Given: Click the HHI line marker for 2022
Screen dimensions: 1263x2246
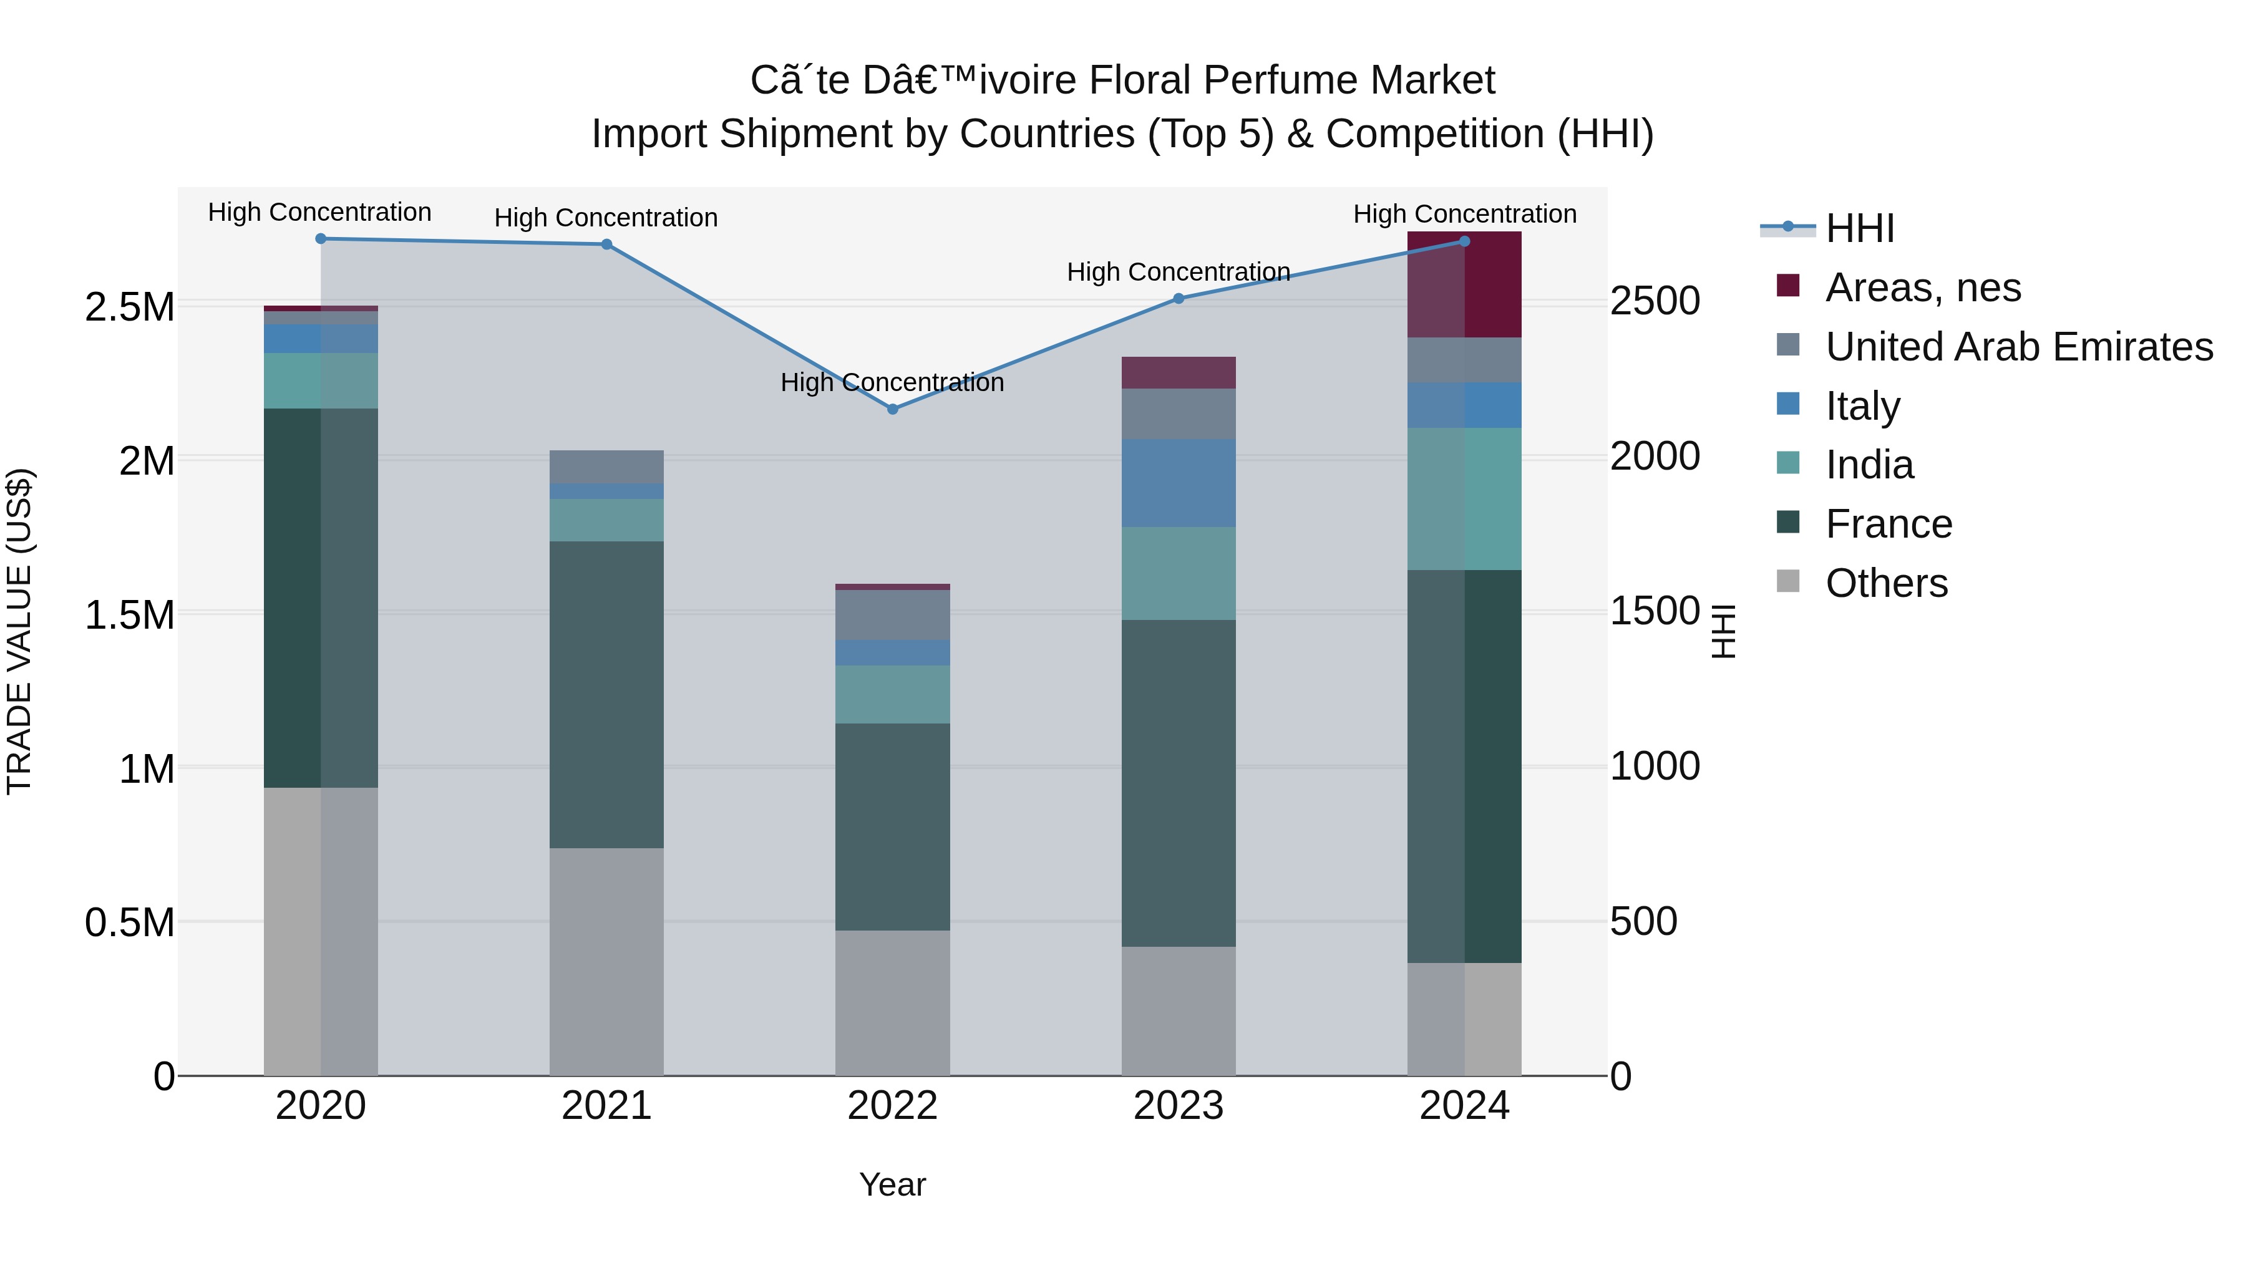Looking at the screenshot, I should (x=892, y=409).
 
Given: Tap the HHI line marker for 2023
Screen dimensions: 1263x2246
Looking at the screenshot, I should (x=1178, y=298).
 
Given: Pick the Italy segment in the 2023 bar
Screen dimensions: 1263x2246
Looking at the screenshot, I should (x=1178, y=483).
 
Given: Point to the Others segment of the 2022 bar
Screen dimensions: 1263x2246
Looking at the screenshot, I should (x=892, y=1002).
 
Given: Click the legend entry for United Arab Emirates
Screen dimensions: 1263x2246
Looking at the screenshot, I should (x=2018, y=347).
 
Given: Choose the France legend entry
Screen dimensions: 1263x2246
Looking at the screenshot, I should (x=1888, y=524).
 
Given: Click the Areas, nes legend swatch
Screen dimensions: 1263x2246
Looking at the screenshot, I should (x=1787, y=286).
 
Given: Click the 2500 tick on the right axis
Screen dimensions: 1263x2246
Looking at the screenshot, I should (x=1654, y=302).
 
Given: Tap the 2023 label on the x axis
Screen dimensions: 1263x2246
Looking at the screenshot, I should (x=1178, y=1106).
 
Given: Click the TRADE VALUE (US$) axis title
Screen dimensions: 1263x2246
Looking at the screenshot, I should (x=20, y=631).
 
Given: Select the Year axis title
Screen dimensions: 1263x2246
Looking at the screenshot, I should (x=892, y=1184).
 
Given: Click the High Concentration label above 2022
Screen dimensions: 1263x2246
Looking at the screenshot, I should (x=892, y=383).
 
